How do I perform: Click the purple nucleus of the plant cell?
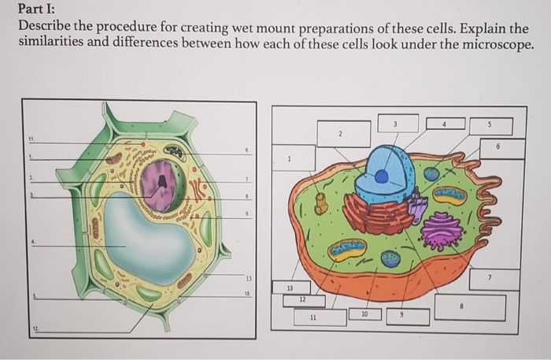[161, 185]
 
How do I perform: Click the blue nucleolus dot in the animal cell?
[381, 176]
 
